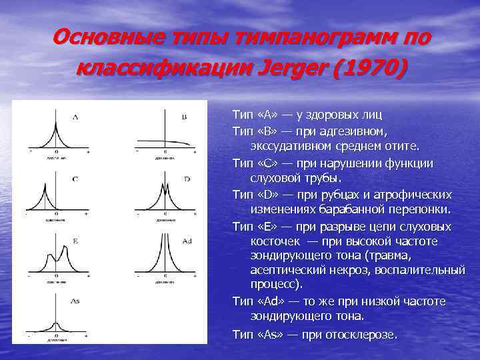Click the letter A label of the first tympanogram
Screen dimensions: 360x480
pyautogui.click(x=75, y=117)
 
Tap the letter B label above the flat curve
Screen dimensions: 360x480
pyautogui.click(x=185, y=117)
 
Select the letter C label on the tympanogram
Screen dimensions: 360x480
pyautogui.click(x=75, y=179)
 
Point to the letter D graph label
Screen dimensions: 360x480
pyautogui.click(x=187, y=179)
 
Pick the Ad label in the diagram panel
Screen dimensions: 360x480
pyautogui.click(x=187, y=240)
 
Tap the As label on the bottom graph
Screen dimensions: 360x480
pyautogui.click(x=75, y=301)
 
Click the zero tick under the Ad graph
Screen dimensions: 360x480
pyautogui.click(x=165, y=275)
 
